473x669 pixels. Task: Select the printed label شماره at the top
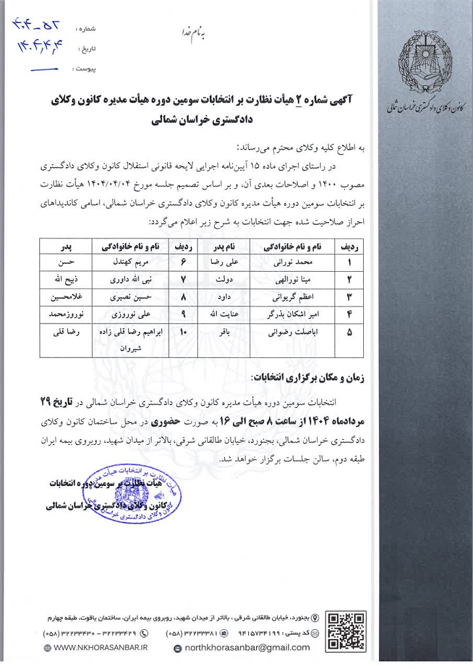(x=86, y=30)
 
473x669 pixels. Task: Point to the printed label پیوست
(x=85, y=68)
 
